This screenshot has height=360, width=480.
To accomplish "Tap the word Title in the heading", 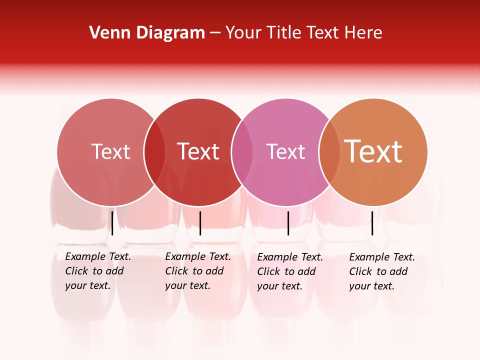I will (284, 33).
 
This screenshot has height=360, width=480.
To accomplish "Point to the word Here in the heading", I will (365, 33).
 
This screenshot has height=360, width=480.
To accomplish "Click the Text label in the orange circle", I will (373, 151).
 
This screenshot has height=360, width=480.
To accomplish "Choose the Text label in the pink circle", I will (285, 152).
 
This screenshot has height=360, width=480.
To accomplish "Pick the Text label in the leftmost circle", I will (110, 152).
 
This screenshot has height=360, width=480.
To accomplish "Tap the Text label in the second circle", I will (198, 152).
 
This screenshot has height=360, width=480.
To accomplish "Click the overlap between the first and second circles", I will (154, 152).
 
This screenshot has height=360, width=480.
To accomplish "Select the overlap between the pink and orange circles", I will (329, 152).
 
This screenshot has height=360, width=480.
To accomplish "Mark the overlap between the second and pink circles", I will (242, 152).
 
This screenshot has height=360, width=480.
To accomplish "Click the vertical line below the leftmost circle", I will (112, 223).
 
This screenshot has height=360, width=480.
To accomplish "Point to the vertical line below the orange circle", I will (372, 223).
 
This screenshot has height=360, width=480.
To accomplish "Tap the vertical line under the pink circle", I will (288, 223).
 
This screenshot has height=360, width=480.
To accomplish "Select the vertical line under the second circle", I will (200, 223).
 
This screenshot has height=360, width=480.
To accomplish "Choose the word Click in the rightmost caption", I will (361, 271).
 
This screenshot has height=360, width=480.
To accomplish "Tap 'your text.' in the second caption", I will (187, 286).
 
